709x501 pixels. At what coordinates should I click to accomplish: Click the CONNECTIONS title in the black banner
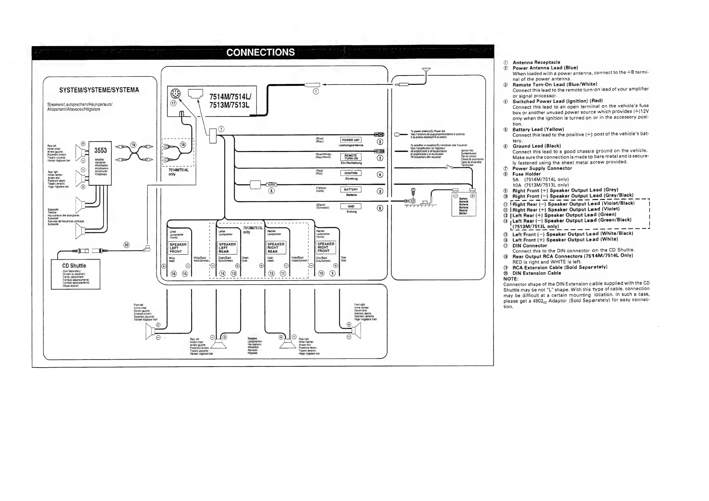260,52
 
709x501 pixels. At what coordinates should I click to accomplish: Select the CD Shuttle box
75,274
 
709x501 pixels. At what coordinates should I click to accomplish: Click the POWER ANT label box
350,140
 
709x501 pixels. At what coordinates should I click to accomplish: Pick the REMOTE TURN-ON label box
350,157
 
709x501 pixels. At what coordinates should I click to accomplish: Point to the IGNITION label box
350,173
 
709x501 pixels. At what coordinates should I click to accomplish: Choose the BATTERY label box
350,190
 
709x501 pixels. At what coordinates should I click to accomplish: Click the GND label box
350,207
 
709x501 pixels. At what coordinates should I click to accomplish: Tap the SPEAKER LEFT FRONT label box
177,248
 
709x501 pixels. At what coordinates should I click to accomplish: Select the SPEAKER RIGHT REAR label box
276,248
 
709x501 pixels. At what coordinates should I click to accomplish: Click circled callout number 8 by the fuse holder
271,191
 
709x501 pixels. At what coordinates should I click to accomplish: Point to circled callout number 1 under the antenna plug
316,91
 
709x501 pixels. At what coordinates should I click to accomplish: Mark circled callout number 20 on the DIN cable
127,245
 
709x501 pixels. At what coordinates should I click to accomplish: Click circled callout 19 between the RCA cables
133,145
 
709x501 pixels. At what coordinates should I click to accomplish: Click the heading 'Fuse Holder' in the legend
526,174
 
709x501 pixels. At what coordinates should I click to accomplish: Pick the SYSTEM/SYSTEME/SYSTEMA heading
99,90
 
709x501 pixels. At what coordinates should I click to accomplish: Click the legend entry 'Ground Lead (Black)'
536,146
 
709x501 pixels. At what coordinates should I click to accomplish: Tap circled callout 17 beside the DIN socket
174,103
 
